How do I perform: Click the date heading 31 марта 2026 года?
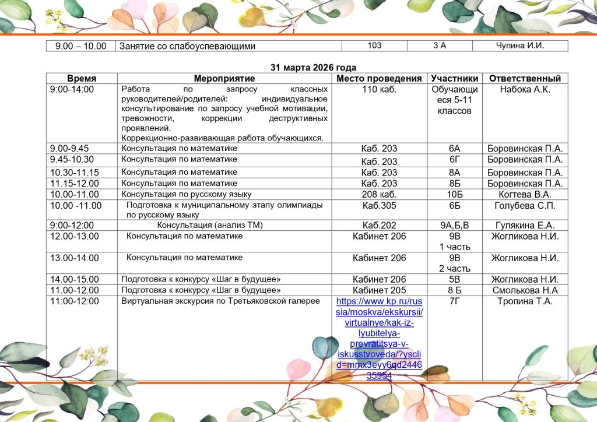pos(313,68)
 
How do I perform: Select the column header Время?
pos(82,79)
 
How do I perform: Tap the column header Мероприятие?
pos(224,79)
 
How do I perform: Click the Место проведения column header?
pos(379,79)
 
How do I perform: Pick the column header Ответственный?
pos(525,79)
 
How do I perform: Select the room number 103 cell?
pos(375,45)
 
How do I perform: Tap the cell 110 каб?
pos(379,90)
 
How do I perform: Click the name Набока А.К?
pos(525,90)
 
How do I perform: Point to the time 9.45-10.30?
pos(72,160)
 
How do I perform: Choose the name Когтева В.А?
pos(525,194)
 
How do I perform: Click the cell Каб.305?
pos(379,206)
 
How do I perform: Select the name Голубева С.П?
pos(525,206)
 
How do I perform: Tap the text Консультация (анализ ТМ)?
pos(210,226)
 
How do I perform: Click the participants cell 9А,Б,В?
pos(455,226)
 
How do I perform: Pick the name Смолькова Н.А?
pos(525,290)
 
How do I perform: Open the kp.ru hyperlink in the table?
pos(379,338)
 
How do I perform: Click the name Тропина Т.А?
pos(525,301)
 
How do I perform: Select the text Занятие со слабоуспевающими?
pos(187,46)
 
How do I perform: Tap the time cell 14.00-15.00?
pos(75,279)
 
